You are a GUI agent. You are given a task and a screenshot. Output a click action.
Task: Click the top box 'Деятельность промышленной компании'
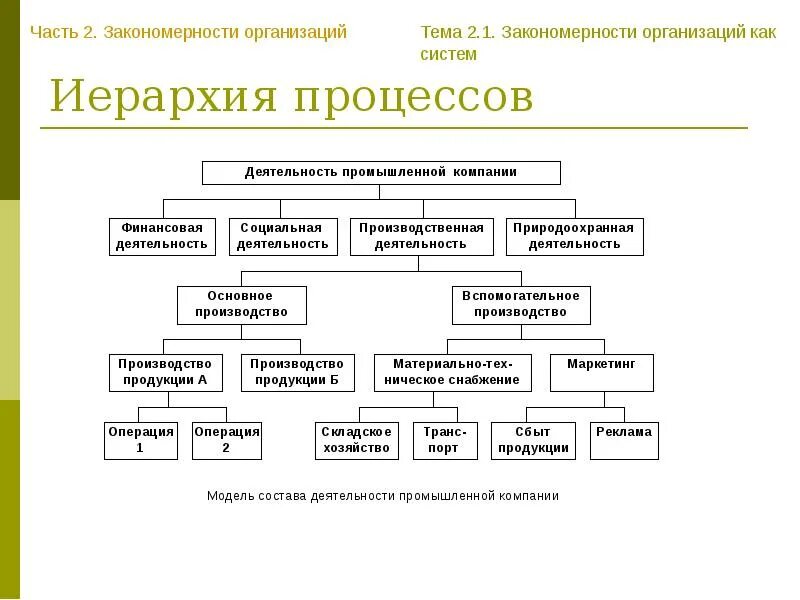pos(381,172)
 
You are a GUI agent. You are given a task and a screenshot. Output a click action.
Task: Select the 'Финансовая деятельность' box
pos(162,236)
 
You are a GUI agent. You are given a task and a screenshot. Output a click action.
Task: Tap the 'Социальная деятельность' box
pos(281,236)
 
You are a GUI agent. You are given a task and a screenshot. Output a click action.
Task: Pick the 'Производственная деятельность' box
pos(422,236)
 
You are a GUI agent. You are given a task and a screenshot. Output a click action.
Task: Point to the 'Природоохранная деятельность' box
pos(574,236)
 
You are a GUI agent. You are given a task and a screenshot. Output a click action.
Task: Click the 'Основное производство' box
pos(241,304)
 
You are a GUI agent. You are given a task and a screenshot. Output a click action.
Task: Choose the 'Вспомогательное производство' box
pos(521,304)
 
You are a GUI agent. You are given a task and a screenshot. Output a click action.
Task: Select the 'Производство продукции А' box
pos(165,372)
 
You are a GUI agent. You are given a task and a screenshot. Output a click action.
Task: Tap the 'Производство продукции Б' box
pos(297,372)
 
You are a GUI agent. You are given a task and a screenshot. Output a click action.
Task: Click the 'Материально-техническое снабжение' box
pos(456,372)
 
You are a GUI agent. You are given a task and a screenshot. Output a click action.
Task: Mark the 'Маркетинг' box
pos(601,372)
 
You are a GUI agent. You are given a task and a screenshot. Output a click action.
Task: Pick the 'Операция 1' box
pos(140,440)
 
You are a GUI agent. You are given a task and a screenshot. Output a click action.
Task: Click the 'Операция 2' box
pos(226,440)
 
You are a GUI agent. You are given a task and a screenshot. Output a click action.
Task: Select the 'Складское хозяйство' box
pos(357,440)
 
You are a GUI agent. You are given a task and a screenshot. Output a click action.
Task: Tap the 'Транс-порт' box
pos(445,440)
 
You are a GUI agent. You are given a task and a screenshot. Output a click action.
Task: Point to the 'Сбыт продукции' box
pos(533,440)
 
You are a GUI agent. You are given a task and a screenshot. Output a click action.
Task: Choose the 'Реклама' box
pos(624,440)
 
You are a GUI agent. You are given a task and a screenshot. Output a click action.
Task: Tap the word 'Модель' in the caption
pos(229,496)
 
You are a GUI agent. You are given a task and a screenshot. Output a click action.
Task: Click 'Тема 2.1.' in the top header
pos(457,32)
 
